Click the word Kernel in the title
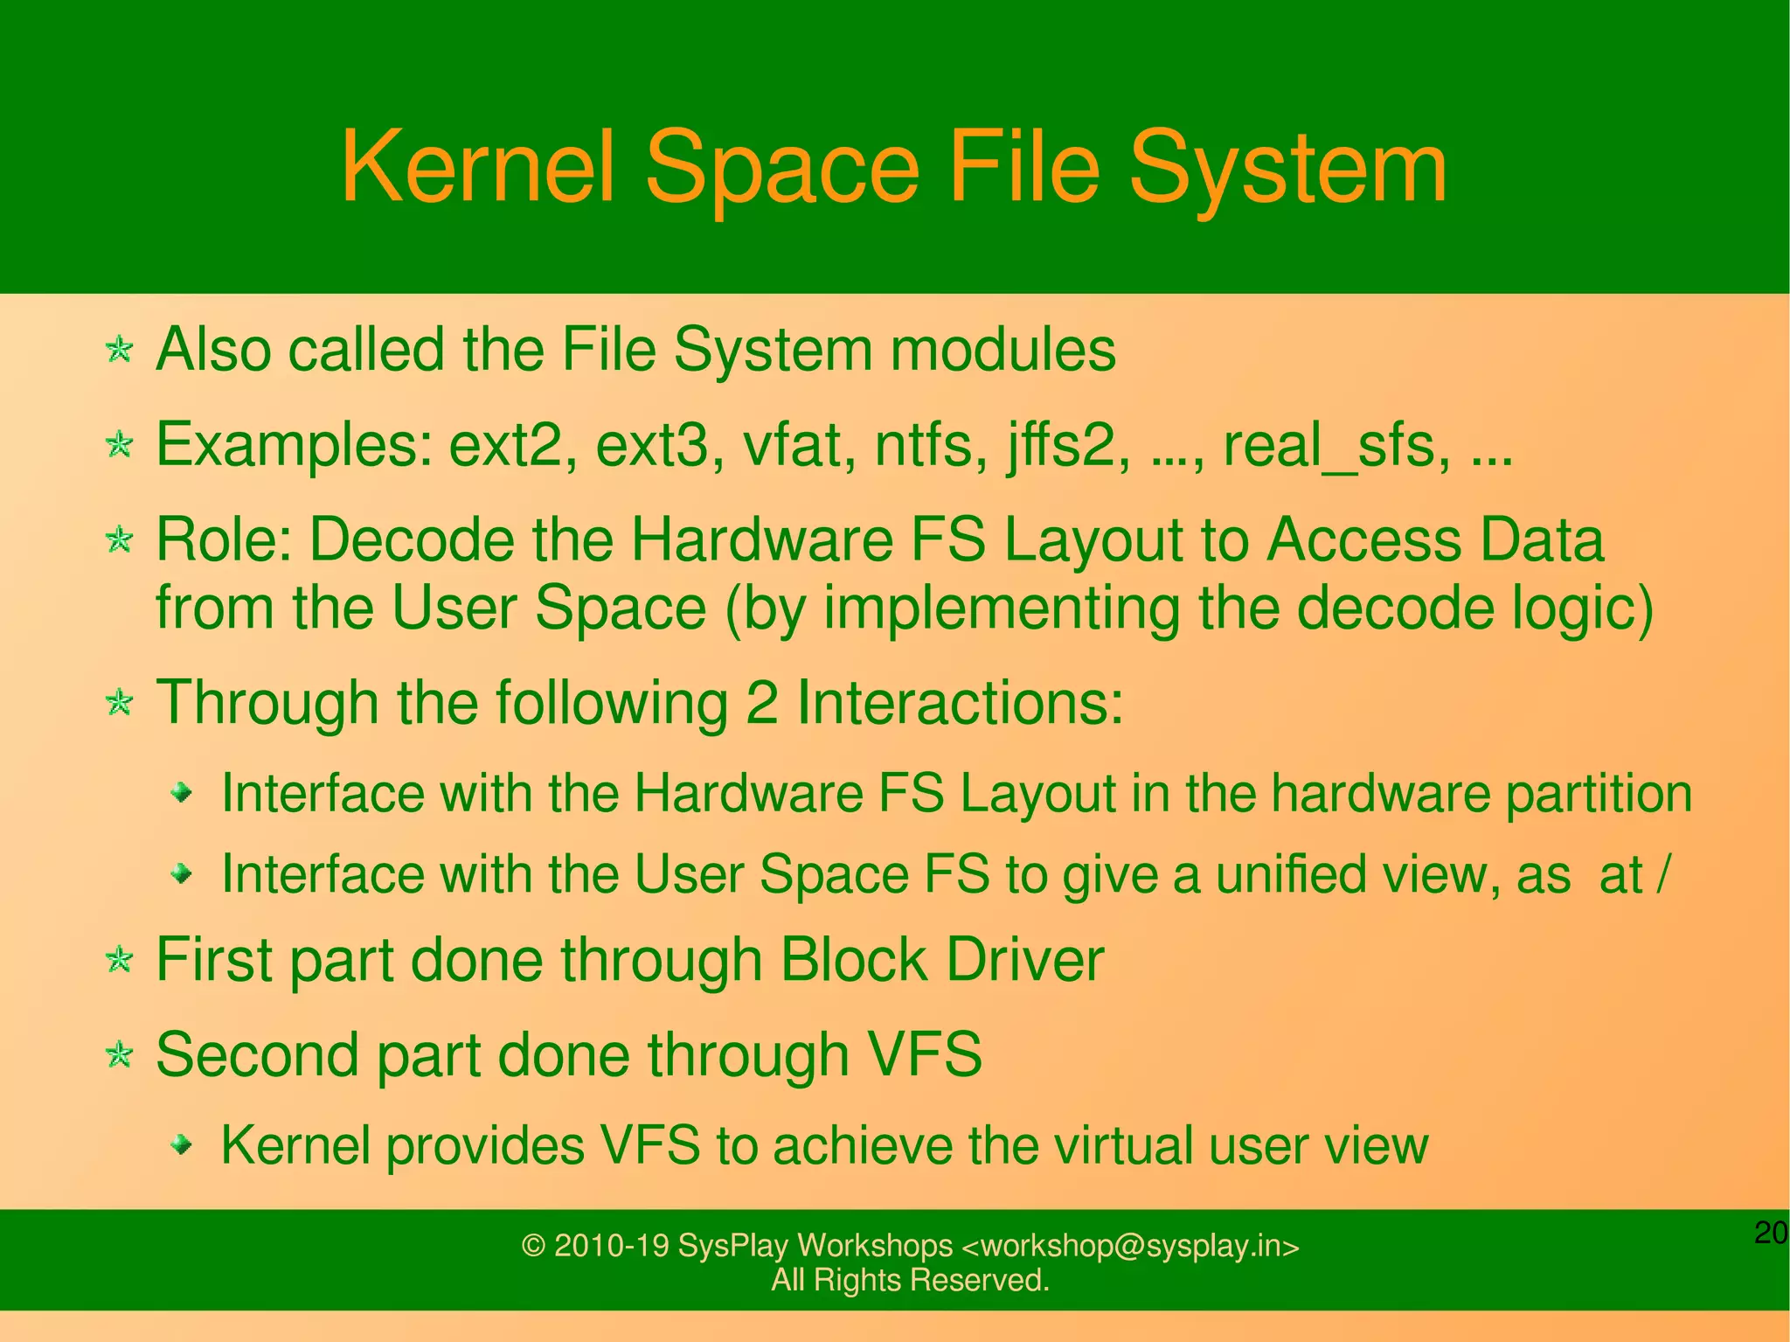477,167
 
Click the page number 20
1771,1233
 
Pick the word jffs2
1060,446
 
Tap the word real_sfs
1329,446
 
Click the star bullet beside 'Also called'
119,351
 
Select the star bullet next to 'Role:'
119,539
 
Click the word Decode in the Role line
412,539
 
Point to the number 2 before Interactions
761,702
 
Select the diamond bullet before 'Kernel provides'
181,1144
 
